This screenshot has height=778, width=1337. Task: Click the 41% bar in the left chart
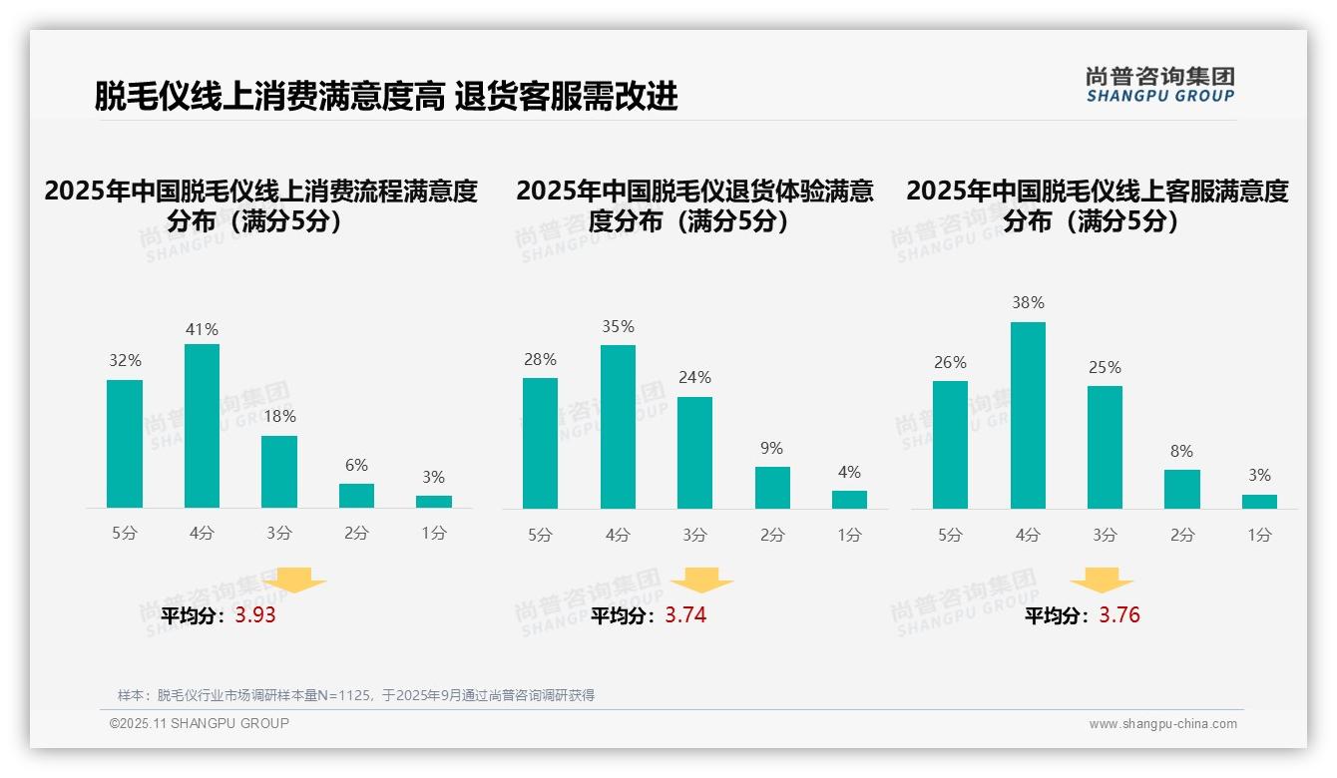click(202, 426)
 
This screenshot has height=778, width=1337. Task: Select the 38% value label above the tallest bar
click(1028, 302)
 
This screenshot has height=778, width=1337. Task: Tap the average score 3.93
click(255, 615)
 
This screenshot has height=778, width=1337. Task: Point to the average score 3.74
click(685, 615)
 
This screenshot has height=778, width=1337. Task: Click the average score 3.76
click(1119, 615)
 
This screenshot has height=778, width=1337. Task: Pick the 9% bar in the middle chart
click(772, 488)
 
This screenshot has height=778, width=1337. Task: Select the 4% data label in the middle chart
click(849, 472)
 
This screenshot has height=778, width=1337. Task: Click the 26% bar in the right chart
click(950, 445)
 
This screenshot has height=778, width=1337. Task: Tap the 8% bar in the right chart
click(1181, 489)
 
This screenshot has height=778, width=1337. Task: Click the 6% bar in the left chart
click(356, 496)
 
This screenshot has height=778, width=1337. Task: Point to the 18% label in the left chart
click(279, 417)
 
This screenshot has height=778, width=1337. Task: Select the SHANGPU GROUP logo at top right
click(1159, 84)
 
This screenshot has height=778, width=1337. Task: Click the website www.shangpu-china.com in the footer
click(1162, 724)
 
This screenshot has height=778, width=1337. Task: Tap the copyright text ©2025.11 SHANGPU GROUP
click(199, 723)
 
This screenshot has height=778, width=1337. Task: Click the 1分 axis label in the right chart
click(1259, 535)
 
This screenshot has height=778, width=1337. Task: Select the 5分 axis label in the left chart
click(125, 533)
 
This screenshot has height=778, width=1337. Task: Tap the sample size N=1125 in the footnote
click(342, 695)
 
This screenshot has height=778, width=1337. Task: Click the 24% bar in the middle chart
click(694, 453)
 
